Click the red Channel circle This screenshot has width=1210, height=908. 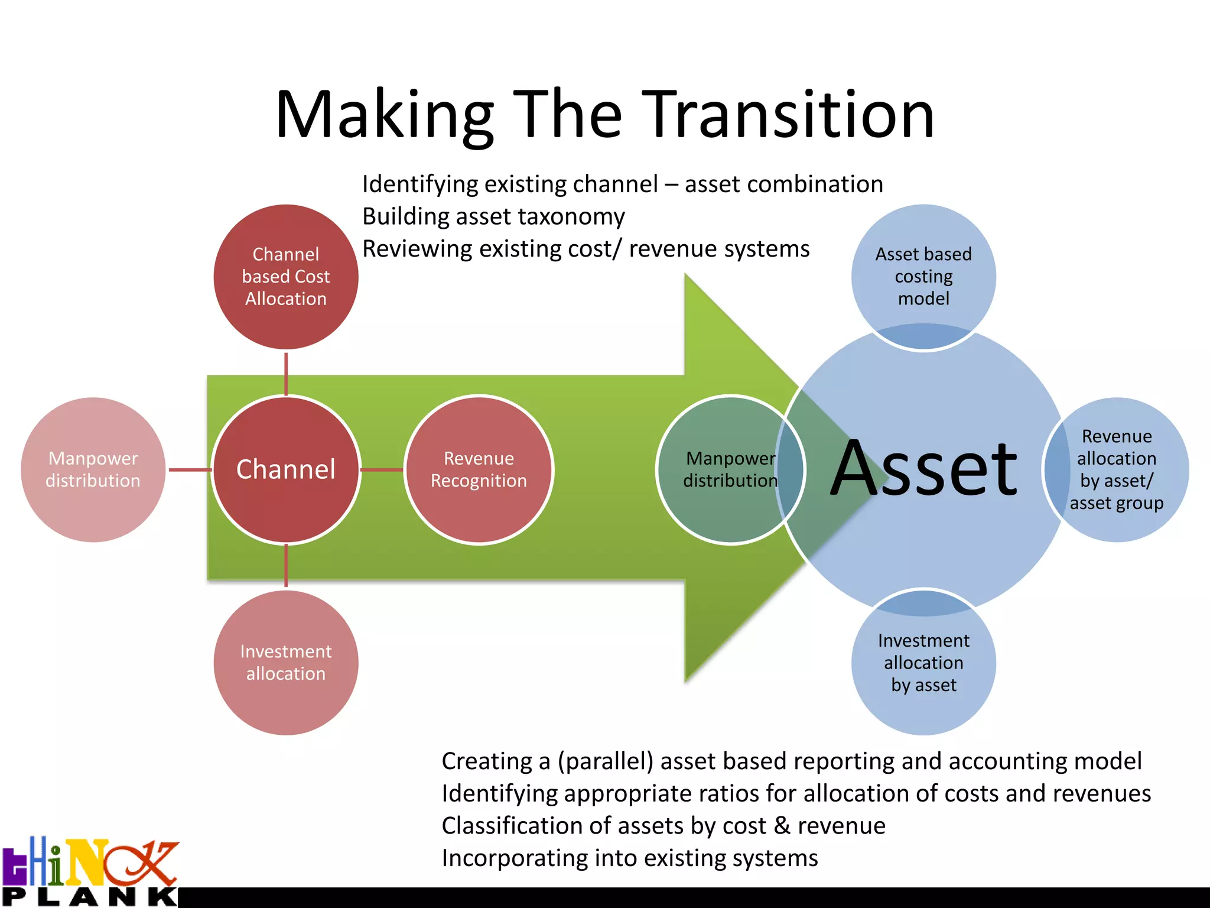[286, 469]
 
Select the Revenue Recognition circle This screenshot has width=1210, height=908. [479, 469]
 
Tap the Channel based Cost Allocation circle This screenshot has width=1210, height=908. [286, 277]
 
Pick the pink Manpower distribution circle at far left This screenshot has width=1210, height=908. [93, 469]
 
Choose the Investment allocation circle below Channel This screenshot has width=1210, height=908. [286, 663]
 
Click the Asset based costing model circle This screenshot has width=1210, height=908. [923, 277]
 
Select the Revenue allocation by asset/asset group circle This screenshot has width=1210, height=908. [1117, 469]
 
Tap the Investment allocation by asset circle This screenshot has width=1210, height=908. [923, 663]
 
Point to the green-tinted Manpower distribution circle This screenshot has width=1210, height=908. [730, 469]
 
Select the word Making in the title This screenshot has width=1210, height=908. [384, 115]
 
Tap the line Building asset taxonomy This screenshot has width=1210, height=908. [493, 216]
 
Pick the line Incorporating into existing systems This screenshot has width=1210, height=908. [630, 858]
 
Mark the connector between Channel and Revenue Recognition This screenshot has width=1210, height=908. [382, 470]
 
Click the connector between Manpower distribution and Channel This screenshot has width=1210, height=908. [190, 470]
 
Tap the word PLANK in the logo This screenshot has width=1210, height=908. [89, 897]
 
